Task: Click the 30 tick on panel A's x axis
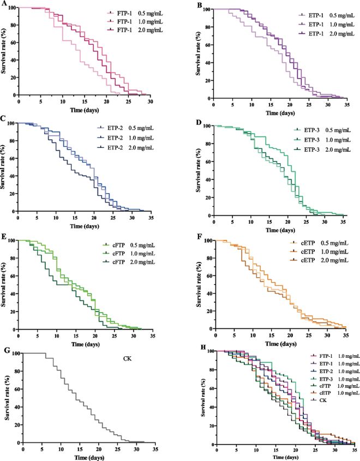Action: (150, 101)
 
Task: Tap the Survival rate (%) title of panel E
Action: (5, 284)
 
